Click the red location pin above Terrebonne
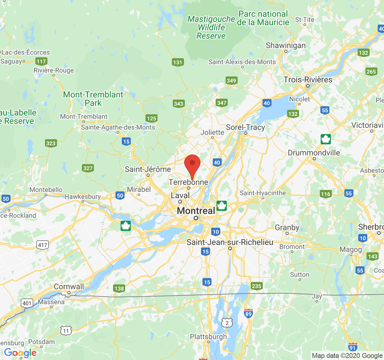(192, 164)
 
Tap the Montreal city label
(196, 211)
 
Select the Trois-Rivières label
(308, 80)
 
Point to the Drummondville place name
(314, 153)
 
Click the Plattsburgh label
(208, 337)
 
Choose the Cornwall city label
(69, 286)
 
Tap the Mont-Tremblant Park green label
(93, 99)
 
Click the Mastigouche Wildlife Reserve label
(211, 28)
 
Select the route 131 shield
(178, 62)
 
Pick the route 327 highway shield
(88, 168)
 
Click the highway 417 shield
(43, 245)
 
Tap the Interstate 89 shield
(248, 313)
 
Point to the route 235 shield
(256, 286)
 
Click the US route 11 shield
(66, 331)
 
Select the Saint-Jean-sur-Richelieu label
(230, 242)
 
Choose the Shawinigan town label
(286, 46)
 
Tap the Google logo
(20, 353)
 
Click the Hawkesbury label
(82, 197)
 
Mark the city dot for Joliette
(212, 138)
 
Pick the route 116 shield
(325, 194)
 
